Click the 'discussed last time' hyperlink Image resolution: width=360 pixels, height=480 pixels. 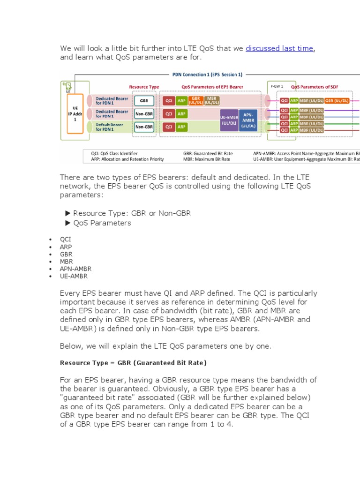coord(279,48)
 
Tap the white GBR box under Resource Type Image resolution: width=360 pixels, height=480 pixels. coord(144,101)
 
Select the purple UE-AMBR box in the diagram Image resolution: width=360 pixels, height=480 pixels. coord(229,120)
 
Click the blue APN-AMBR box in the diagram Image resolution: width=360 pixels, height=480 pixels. coord(248,120)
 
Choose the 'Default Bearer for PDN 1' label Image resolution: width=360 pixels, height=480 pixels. coord(112,126)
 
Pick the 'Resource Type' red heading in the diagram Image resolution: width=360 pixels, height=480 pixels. coord(144,87)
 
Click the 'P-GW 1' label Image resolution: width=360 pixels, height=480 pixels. coord(276,87)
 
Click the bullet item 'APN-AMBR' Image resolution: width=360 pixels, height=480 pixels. coord(75,269)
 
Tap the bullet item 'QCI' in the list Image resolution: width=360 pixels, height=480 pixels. coord(66,239)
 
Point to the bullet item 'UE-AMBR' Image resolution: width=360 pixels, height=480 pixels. coord(74,277)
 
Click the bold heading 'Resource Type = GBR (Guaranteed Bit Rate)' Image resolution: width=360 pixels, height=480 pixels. coord(133,363)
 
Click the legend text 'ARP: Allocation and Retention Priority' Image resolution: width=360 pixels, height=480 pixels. coord(127,159)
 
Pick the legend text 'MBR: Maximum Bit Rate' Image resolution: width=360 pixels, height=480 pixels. coord(207,159)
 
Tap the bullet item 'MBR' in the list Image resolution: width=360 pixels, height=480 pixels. coord(66,262)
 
